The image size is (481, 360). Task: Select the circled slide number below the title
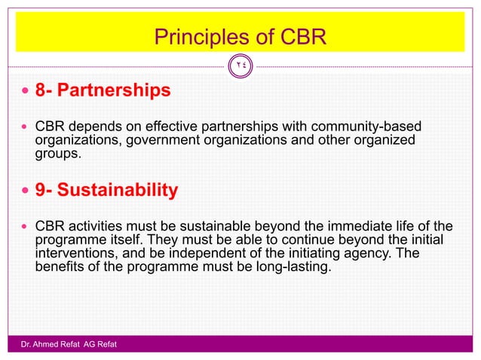coord(240,66)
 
